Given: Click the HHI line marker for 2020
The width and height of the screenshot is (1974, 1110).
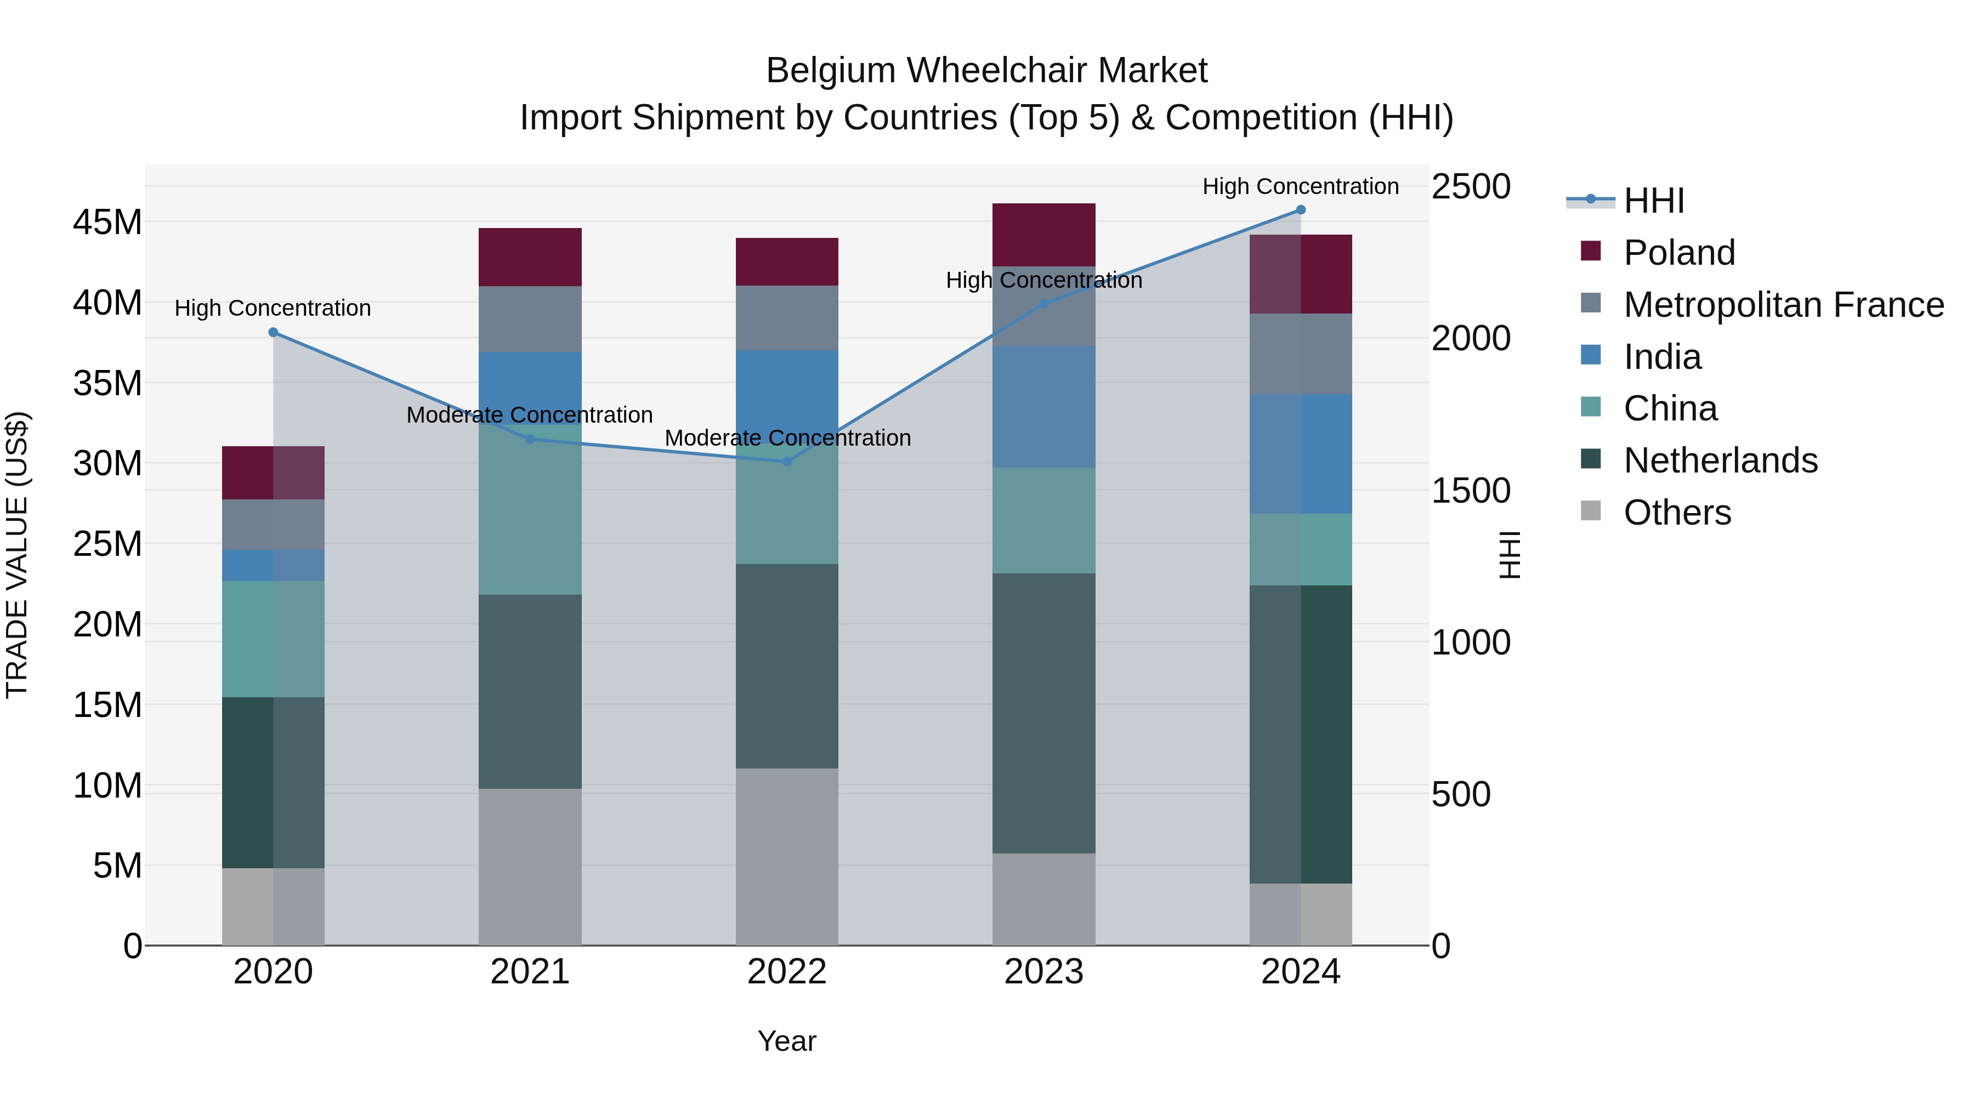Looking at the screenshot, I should tap(274, 333).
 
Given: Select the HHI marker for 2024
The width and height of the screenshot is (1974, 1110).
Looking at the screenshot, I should tap(1301, 210).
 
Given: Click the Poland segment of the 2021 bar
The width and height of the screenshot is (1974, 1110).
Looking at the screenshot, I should tap(530, 258).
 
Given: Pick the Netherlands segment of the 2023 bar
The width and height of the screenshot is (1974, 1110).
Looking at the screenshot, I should tap(1043, 713).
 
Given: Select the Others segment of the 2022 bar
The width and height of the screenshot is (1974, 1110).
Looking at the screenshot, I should tap(787, 856).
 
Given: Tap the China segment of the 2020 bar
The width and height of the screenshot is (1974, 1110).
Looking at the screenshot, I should tap(274, 639).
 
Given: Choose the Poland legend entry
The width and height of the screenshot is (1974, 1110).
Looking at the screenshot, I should tap(1678, 253).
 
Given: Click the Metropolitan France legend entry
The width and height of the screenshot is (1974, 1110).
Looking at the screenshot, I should tap(1783, 305).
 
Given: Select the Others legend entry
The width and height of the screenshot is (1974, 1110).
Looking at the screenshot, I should tap(1677, 513).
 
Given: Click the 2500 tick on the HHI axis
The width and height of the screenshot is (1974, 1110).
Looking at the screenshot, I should tap(1471, 187).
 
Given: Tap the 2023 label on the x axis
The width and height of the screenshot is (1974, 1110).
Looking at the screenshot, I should tap(1043, 972).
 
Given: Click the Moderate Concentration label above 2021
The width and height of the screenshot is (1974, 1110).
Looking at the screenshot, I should tap(530, 415).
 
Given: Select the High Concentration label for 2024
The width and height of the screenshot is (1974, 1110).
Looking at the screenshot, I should tap(1301, 186).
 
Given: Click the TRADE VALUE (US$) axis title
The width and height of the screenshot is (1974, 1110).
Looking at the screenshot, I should tap(17, 555).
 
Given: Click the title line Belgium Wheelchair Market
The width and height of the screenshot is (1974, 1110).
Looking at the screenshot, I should tap(986, 71).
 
